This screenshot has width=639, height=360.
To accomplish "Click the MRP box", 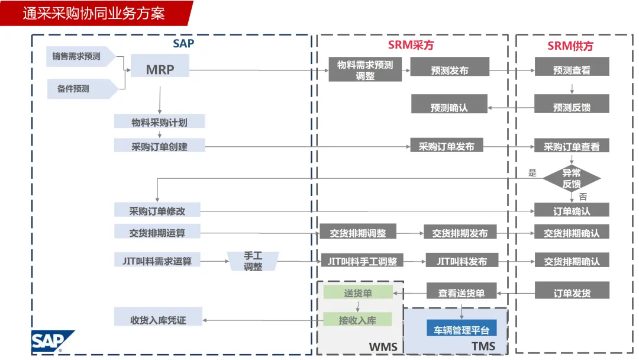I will (x=160, y=69).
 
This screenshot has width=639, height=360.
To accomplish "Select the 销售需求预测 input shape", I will (x=80, y=56).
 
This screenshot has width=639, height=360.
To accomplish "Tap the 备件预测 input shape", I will (x=80, y=89).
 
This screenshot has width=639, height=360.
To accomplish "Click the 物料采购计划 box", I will (x=160, y=122).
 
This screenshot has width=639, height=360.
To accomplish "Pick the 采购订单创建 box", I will (x=160, y=146).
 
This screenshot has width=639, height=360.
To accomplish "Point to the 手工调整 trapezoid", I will (x=253, y=261).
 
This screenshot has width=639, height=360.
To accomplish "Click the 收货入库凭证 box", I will (x=158, y=320).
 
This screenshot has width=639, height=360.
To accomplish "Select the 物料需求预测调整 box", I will (x=365, y=70).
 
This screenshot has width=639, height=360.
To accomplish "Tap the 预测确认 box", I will (x=449, y=107).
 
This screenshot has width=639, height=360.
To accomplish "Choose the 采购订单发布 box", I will (x=447, y=146).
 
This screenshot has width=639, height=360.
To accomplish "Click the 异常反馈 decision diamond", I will (x=572, y=178).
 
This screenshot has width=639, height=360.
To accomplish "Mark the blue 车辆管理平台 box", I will (x=462, y=330).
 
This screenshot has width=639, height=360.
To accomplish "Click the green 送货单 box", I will (x=357, y=292).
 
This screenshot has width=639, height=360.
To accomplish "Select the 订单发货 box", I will (x=572, y=292).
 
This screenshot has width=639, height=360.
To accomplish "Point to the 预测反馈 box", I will (x=572, y=107).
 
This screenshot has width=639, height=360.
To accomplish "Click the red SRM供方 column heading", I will (x=570, y=46).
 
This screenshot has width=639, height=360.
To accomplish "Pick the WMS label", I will (x=383, y=346).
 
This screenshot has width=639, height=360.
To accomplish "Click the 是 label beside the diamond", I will (x=532, y=173).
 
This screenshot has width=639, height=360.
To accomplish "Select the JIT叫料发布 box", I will (x=461, y=261).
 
